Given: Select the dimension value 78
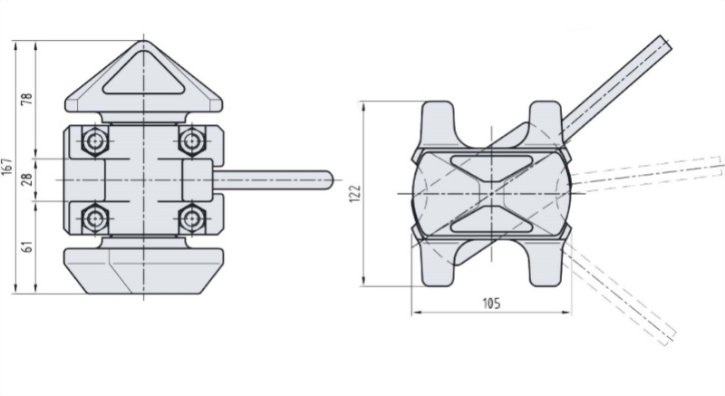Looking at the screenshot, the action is [x=27, y=99].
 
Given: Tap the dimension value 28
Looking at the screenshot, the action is [x=27, y=179].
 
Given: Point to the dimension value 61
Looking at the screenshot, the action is [x=28, y=246].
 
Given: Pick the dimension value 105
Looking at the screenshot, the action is [x=491, y=304].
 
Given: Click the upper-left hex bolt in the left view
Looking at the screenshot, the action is [x=95, y=141].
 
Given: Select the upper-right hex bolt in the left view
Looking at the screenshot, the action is [x=191, y=141].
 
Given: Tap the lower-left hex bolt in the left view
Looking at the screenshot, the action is [x=95, y=217].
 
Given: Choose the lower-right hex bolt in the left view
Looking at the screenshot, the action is [x=191, y=217].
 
